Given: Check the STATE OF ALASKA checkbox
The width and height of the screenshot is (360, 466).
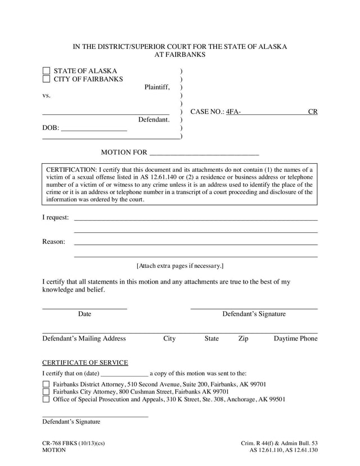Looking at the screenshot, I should point(46,71).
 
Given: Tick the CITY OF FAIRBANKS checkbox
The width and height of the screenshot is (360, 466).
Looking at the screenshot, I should point(46,79).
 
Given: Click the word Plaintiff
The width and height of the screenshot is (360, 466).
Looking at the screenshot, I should point(157,87).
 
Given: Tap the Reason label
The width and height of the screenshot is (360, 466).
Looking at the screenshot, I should point(53,242).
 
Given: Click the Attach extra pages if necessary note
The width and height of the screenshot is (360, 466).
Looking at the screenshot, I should point(180,266).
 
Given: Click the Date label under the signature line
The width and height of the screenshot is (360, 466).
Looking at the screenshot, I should point(84,314).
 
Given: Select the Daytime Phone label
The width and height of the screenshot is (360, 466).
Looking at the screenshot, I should point(295,339).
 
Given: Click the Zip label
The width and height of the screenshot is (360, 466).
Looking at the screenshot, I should point(243,339).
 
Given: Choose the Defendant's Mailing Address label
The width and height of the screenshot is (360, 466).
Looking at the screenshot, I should point(84,339).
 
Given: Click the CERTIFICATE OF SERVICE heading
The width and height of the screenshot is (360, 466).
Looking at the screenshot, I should point(85,363).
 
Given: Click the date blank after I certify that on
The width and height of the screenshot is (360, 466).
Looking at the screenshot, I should point(124,374).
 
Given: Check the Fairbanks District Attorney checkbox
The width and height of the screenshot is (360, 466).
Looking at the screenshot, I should point(46,384).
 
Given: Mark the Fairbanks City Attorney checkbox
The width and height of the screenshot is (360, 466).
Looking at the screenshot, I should point(46,392).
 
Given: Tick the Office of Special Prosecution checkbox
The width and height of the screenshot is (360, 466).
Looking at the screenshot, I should point(46,400).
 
